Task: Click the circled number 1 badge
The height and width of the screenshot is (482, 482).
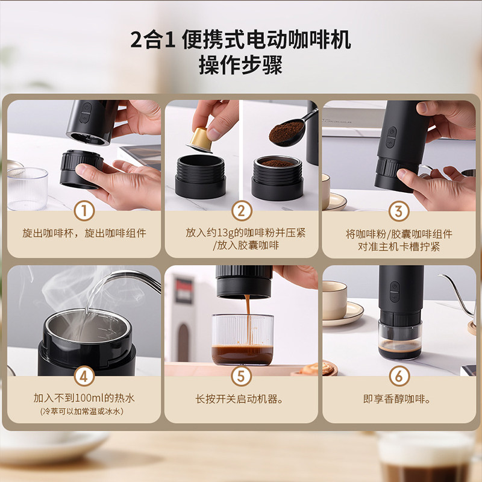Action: [x=84, y=211]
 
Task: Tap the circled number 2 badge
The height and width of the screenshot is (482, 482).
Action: [x=242, y=211]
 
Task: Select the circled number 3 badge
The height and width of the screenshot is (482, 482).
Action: [x=399, y=211]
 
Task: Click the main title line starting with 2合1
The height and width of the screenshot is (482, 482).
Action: [x=240, y=40]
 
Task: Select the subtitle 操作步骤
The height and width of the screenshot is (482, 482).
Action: [x=240, y=65]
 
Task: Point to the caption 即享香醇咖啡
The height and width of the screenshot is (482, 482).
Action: [x=397, y=399]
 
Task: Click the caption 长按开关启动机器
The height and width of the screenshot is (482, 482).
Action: [x=239, y=399]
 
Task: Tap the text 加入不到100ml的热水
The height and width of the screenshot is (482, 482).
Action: [x=84, y=398]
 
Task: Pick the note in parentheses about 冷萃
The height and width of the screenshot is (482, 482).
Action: [x=82, y=412]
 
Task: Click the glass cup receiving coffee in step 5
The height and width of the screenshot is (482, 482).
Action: [x=243, y=339]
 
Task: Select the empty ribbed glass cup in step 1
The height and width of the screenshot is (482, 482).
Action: [x=27, y=189]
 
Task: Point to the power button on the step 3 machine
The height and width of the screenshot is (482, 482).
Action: [x=391, y=133]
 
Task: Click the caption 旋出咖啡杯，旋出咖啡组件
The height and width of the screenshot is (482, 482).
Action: [x=84, y=233]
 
